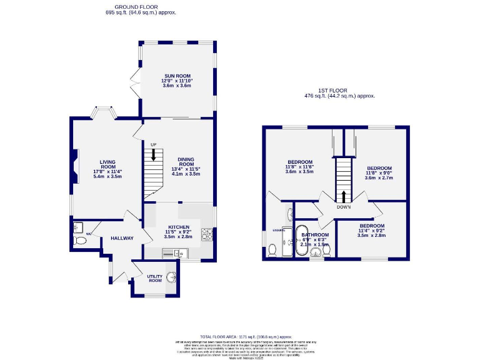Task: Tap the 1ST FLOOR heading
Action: [339, 91]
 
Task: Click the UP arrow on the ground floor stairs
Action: [153, 153]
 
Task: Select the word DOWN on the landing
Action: [343, 207]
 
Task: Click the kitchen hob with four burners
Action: [207, 234]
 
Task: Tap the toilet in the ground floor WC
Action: [80, 239]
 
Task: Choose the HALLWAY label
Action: [122, 238]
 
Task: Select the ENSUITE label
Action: [279, 230]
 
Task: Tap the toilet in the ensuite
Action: [272, 251]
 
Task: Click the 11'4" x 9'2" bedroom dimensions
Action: [371, 231]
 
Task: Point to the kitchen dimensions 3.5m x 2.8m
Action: [178, 237]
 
